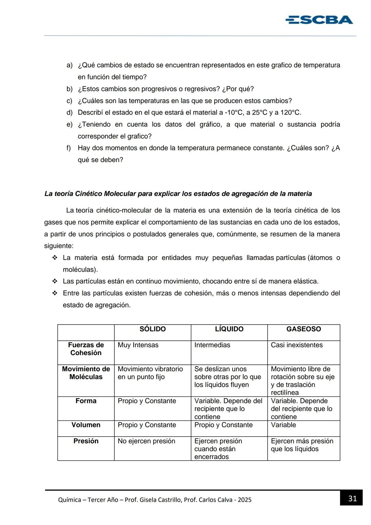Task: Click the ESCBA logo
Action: coord(319,20)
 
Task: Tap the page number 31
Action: coord(352,499)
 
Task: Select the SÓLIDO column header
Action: coord(153,329)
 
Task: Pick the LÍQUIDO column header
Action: coord(229,329)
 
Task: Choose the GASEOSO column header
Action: coord(304,329)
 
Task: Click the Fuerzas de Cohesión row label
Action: coord(86,349)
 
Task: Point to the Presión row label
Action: coord(86,441)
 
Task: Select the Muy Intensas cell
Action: coord(138,345)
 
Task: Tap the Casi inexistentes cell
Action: coord(297,345)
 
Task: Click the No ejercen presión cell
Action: coord(146,441)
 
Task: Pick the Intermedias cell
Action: coord(212,345)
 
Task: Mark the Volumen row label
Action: coord(86,425)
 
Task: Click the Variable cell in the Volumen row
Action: coord(283,425)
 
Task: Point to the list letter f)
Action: coord(69,148)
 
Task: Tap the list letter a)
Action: coord(69,65)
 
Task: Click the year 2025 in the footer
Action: coord(245,500)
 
